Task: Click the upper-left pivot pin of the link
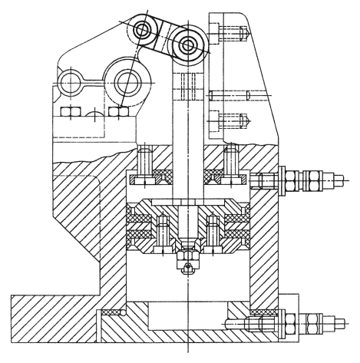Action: pyautogui.click(x=144, y=31)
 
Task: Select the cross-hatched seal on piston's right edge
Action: pyautogui.click(x=238, y=230)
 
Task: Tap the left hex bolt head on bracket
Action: pyautogui.click(x=67, y=113)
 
